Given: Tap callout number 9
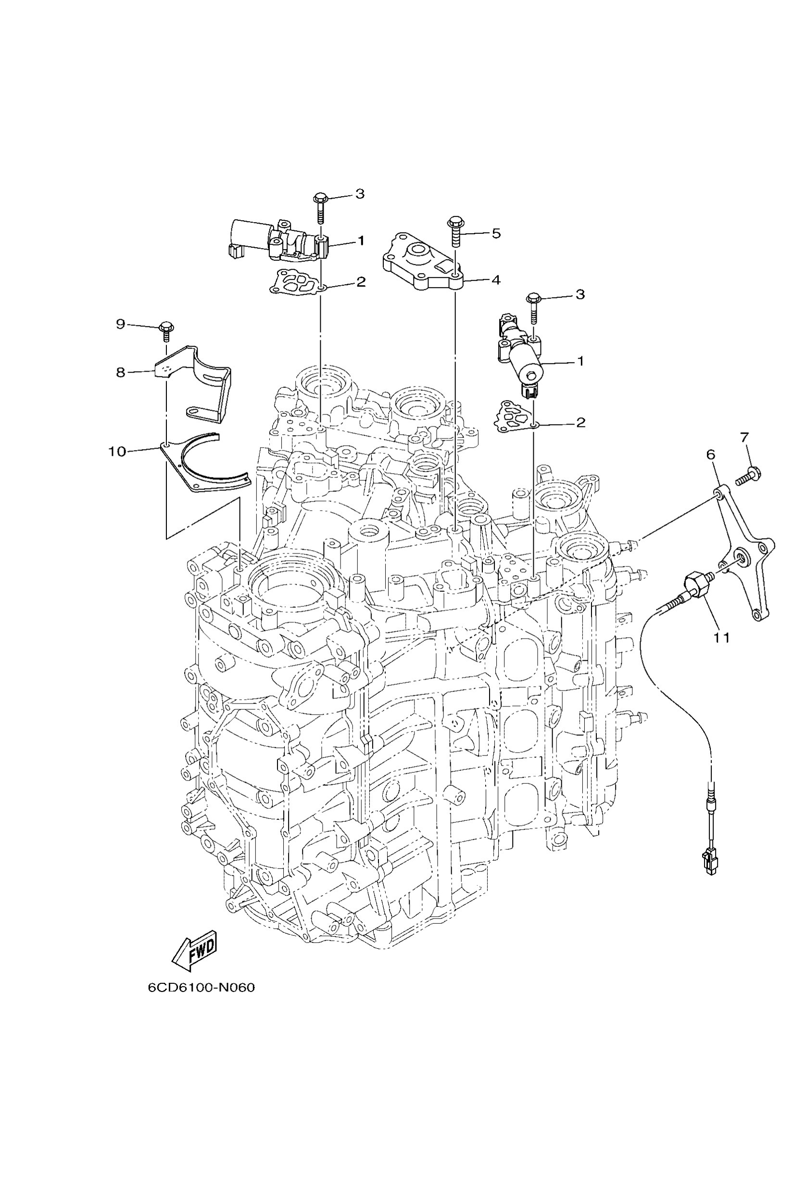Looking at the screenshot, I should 120,324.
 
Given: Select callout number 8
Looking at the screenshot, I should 120,373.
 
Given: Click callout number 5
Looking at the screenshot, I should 496,233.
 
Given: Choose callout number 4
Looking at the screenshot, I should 496,280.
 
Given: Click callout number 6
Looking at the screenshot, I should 711,454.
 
